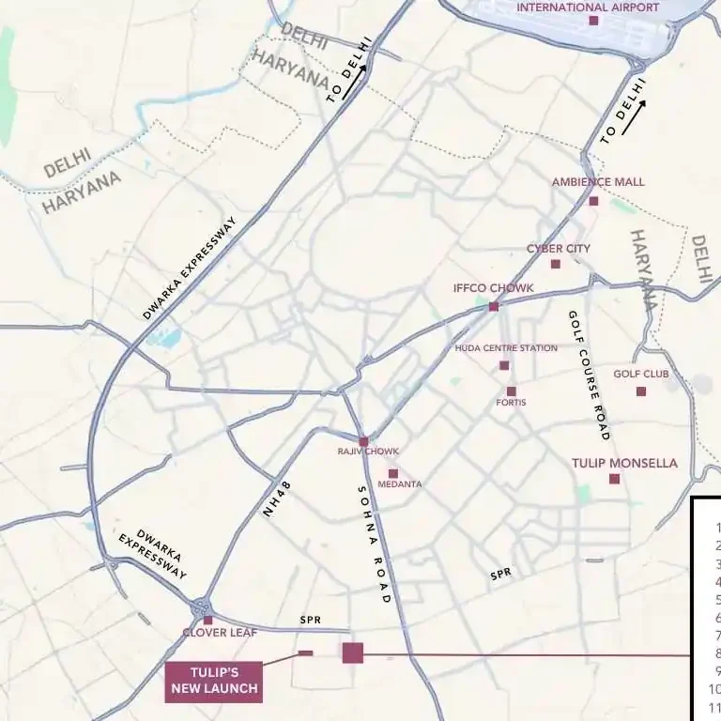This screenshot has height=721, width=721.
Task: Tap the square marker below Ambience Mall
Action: [593, 201]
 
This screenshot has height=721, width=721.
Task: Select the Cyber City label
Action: [558, 249]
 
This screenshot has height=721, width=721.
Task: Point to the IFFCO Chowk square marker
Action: [493, 306]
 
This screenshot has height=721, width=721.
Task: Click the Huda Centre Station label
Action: [506, 348]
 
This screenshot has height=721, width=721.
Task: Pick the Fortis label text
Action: [511, 403]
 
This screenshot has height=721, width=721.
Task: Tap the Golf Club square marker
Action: [641, 391]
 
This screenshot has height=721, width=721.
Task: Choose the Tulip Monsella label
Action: [624, 463]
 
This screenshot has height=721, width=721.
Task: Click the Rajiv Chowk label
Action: [368, 452]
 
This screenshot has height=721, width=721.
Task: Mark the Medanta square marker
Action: [393, 474]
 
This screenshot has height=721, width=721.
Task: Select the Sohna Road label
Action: [373, 544]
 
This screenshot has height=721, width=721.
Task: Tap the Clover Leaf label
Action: [220, 633]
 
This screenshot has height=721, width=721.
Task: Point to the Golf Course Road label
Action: [588, 376]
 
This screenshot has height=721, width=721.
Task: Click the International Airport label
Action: [588, 8]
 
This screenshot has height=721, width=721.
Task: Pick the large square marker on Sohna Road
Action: [353, 653]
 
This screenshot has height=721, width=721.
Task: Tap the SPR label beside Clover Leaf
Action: [310, 621]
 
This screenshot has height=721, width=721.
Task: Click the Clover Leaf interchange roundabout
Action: [201, 608]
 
